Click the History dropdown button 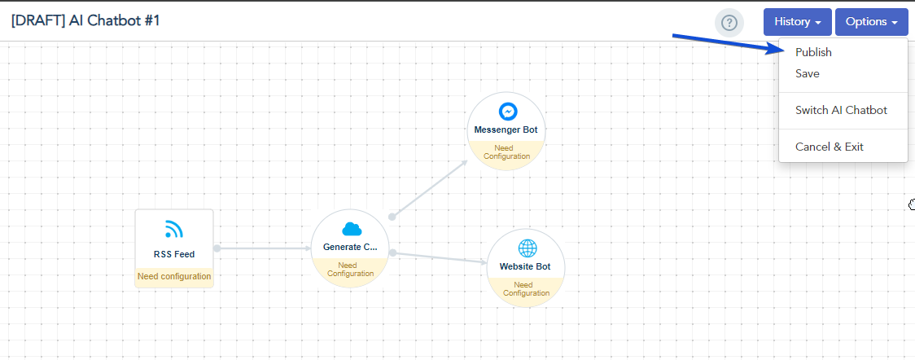pos(797,22)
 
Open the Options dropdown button pos(871,22)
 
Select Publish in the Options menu pos(813,52)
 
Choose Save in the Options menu pos(807,73)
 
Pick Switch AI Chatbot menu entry pos(841,110)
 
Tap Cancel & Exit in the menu pos(829,147)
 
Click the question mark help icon pos(729,23)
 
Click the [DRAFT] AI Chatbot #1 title pos(85,20)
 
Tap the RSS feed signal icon pos(173,229)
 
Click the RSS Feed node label pos(174,254)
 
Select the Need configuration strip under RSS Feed pos(174,277)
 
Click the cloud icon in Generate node pos(351,229)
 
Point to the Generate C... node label pos(350,247)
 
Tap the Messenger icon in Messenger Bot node pos(506,112)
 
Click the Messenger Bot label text pos(506,130)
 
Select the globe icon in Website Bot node pos(526,248)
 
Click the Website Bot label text pos(525,266)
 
